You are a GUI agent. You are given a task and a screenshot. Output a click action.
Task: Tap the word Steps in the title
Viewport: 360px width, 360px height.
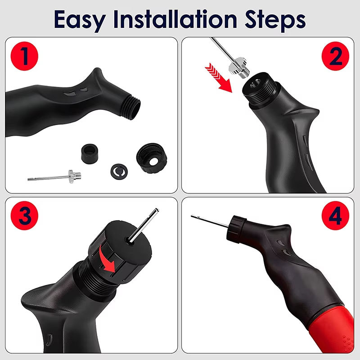(275, 20)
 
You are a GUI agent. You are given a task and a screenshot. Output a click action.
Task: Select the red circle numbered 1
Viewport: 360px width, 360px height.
(24, 56)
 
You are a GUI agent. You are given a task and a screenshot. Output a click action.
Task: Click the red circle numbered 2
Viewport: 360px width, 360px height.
(335, 56)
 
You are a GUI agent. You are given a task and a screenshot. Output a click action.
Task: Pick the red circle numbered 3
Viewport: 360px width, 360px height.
(24, 216)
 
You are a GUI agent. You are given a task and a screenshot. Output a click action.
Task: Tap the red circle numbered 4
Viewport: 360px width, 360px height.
(335, 216)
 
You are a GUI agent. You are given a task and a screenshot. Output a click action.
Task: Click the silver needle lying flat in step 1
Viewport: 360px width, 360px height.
(54, 177)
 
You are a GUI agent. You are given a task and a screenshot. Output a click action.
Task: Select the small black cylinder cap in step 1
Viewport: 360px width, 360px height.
(90, 153)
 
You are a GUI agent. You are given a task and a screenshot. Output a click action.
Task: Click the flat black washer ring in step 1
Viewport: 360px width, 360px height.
(119, 171)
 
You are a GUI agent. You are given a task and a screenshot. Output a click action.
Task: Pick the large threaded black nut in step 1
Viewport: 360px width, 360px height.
(152, 158)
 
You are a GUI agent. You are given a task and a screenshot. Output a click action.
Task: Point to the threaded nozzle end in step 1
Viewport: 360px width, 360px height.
(130, 107)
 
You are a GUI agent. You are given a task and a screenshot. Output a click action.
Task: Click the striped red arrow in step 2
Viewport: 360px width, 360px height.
(218, 77)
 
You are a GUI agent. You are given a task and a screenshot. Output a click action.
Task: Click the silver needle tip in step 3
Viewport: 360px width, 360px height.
(157, 210)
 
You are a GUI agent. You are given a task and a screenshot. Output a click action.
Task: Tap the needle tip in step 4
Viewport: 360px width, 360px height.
(192, 216)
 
